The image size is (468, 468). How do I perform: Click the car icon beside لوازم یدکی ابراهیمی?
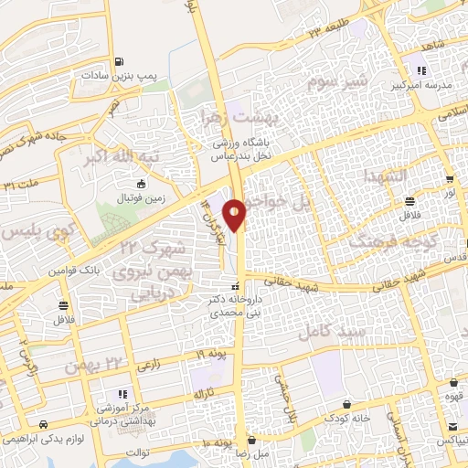[44, 426]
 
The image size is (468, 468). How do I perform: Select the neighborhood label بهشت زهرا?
[236, 119]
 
